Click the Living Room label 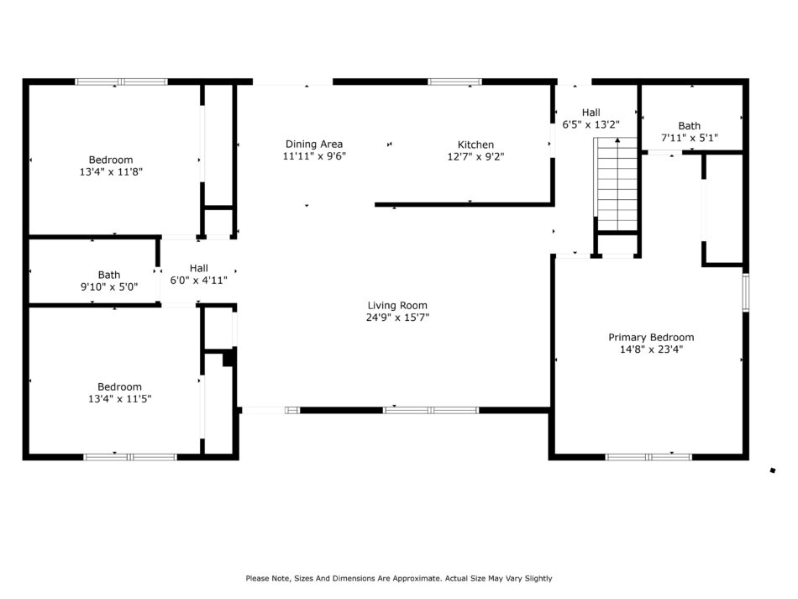tap(397, 305)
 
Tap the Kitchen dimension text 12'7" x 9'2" tap(475, 157)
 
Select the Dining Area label tap(314, 144)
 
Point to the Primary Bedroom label tap(652, 338)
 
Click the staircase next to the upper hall tap(616, 184)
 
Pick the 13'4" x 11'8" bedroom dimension tap(111, 172)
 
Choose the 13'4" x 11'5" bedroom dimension tap(119, 399)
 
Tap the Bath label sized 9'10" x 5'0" tap(109, 275)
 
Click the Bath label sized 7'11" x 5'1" tap(689, 126)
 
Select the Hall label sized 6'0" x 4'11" tap(199, 268)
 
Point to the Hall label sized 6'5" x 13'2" tap(591, 113)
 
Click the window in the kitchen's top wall tap(454, 81)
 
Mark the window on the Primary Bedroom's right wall tap(746, 292)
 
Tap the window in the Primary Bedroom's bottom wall tap(648, 457)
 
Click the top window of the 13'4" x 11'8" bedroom tap(121, 81)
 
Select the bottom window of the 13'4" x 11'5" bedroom tap(130, 457)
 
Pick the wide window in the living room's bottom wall tap(431, 410)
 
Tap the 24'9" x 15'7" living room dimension tap(397, 318)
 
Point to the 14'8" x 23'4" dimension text tap(652, 349)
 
